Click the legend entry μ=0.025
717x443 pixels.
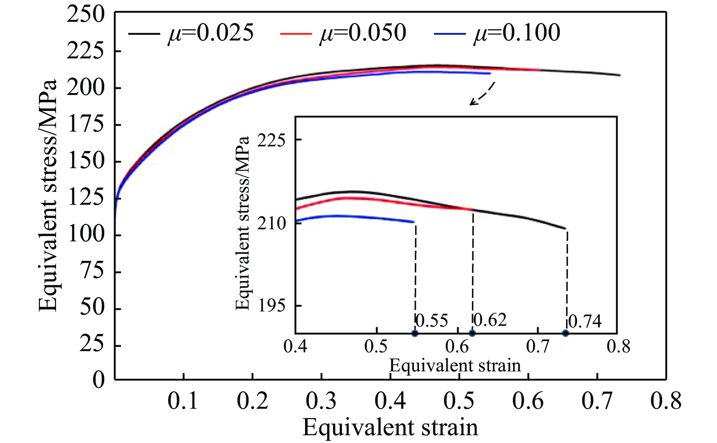pos(191,33)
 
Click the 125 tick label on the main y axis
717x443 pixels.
pos(86,198)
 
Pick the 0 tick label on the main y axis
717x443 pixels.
pos(98,380)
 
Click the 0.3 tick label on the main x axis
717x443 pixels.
pos(321,401)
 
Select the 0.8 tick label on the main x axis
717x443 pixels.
pos(666,401)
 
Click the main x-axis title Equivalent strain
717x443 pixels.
pos(390,428)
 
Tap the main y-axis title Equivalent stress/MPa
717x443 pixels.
pos(47,196)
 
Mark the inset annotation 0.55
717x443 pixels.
pos(432,321)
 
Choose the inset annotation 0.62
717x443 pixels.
pos(490,320)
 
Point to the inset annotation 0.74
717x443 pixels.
pos(585,322)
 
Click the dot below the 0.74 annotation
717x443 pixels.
pos(566,333)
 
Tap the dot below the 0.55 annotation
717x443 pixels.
pos(415,333)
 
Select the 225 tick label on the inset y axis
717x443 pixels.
pos(271,141)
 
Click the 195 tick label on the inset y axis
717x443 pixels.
pos(271,306)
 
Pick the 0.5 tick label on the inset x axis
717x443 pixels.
pos(376,346)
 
